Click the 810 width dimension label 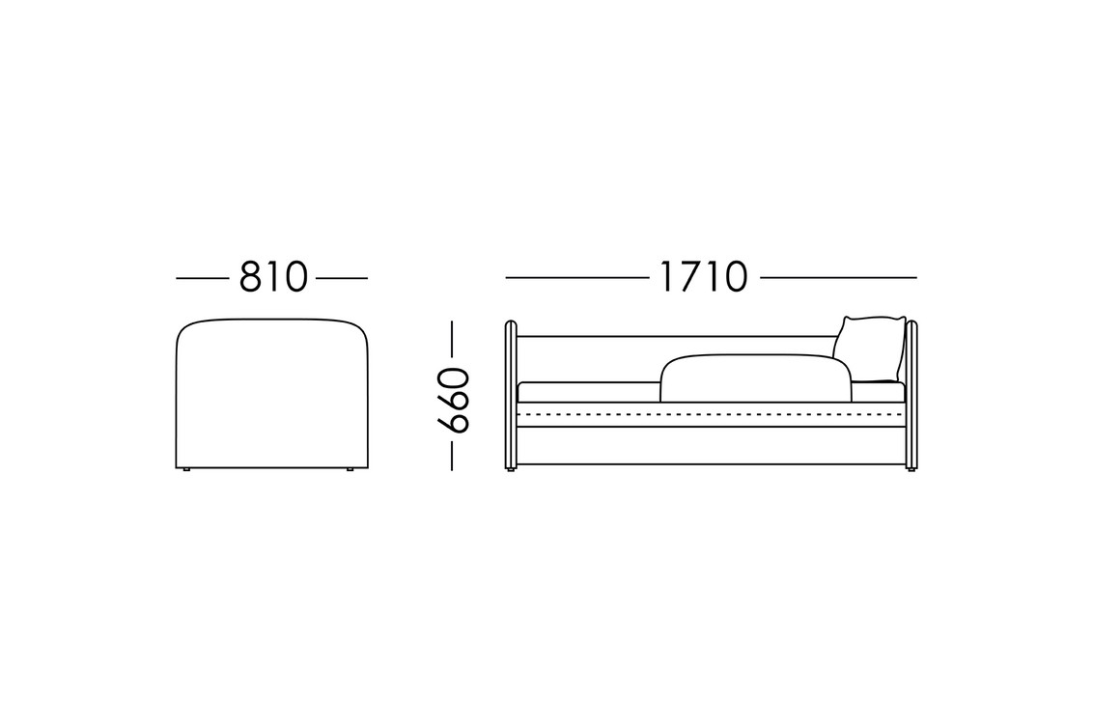(272, 277)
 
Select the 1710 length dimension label (703, 277)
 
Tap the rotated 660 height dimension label (453, 400)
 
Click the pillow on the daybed (870, 349)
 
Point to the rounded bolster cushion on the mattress (756, 379)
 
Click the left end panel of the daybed (511, 394)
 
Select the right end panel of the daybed (911, 394)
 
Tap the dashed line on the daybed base (711, 413)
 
